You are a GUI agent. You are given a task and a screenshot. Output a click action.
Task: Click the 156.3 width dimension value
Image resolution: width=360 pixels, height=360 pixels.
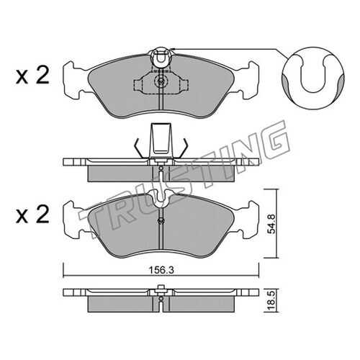(161, 270)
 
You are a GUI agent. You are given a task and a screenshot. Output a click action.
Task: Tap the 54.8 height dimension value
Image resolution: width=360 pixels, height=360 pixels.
(272, 224)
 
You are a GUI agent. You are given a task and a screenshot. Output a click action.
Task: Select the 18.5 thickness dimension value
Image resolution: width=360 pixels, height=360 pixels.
(272, 300)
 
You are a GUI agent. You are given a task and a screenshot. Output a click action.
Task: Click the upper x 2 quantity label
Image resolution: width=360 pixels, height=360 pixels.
(32, 75)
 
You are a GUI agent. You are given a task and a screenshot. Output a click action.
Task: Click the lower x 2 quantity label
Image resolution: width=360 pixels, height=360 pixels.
(32, 215)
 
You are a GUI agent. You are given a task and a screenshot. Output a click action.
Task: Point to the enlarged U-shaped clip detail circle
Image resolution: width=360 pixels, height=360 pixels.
(312, 78)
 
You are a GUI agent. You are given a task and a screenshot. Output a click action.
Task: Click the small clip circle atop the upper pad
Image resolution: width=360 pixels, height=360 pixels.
(161, 58)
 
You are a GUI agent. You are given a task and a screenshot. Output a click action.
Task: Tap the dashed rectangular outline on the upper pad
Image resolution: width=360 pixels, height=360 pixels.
(161, 83)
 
